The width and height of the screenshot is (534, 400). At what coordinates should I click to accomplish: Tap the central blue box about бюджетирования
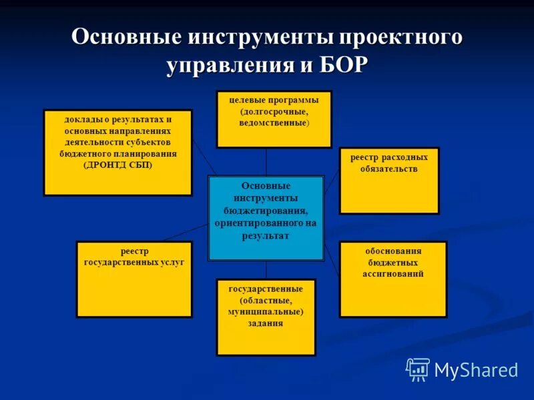(x=266, y=217)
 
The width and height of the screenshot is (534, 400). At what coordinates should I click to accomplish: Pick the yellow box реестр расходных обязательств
(x=389, y=180)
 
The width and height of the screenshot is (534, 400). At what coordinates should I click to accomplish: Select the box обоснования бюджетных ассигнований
(x=393, y=279)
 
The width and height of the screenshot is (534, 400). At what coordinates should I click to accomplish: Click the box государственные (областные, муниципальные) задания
(x=266, y=317)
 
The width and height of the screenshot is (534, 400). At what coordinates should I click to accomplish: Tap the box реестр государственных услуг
(x=134, y=279)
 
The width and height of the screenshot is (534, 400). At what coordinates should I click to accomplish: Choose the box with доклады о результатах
(x=117, y=152)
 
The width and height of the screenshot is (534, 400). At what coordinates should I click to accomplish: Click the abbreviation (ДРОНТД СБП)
(x=117, y=165)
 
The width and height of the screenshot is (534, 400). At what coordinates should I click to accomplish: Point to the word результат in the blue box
(x=266, y=236)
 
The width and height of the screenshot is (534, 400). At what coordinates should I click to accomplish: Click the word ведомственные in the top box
(x=274, y=123)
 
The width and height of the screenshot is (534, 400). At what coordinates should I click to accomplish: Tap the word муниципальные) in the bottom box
(x=266, y=311)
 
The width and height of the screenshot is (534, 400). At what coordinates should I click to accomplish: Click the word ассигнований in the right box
(x=393, y=274)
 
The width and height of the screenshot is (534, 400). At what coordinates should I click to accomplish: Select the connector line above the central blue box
(x=266, y=161)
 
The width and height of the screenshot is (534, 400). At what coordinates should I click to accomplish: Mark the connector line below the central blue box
(x=266, y=269)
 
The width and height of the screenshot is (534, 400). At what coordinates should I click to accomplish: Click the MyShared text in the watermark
(x=476, y=369)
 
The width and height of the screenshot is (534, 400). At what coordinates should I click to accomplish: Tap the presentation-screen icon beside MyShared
(x=418, y=369)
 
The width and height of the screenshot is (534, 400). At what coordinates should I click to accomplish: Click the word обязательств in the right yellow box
(x=389, y=169)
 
